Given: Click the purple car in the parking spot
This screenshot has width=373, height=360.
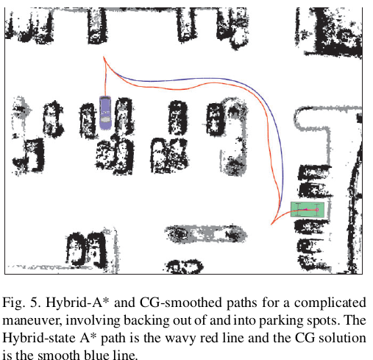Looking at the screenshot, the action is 105,113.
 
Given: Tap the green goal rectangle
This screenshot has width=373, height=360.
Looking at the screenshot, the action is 308,210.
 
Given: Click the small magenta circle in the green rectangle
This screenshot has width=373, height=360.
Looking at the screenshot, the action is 317,210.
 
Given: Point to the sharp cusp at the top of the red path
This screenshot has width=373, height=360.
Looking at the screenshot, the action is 104,57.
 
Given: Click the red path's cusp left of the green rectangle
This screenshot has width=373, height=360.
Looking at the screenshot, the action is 271,225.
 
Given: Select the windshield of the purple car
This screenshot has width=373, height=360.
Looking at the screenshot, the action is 105,119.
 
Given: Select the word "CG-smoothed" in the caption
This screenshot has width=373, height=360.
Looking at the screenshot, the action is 181,303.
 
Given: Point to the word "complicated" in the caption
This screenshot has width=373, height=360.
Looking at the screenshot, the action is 330,303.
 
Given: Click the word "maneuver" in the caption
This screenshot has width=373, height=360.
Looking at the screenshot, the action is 32,321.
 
